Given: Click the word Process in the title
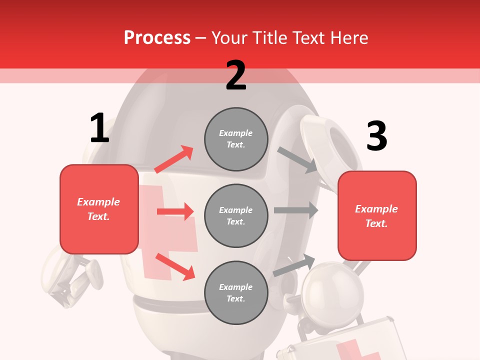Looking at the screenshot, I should point(157,38).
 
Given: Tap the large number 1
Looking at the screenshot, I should point(99,128).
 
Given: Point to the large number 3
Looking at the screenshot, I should point(376,137).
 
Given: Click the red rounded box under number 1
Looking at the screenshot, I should point(99,209).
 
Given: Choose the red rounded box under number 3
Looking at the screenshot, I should point(377,216).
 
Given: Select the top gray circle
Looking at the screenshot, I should point(236,139).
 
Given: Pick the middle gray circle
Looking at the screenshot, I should point(236,216).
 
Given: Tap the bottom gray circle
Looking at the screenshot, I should point(236,293).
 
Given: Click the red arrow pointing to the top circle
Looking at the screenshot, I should point(174,159).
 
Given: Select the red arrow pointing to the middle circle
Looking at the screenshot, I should point(175,211).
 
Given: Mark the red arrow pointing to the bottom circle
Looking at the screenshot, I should point(175,266).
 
